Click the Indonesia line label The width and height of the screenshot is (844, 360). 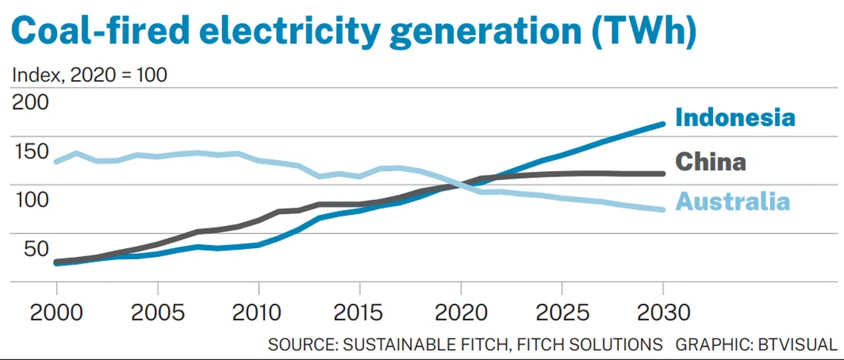[735, 117]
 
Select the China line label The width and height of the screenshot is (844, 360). [711, 161]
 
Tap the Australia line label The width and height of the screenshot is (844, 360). [733, 201]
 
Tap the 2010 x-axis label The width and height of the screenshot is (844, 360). [258, 312]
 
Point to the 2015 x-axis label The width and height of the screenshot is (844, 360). [359, 312]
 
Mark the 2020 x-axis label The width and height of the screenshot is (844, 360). [460, 312]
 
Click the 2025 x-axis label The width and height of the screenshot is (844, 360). [561, 312]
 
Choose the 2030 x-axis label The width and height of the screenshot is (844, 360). [662, 312]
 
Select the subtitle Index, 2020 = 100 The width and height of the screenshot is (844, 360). [90, 74]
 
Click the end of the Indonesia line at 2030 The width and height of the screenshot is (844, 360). [662, 124]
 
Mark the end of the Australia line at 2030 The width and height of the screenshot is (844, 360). [662, 209]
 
